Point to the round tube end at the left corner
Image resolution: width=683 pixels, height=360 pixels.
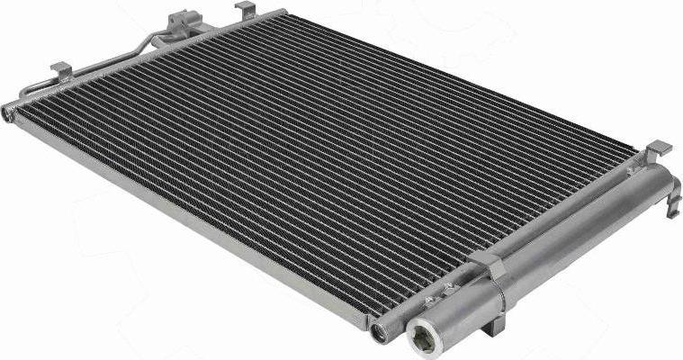(9, 112)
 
